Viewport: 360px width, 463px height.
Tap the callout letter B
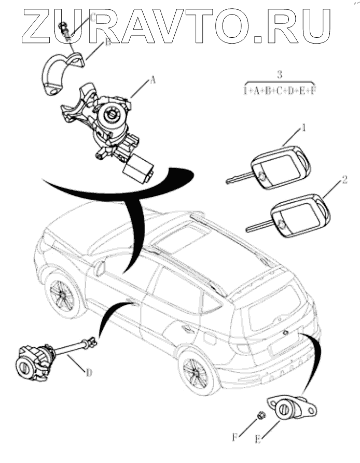point(108,43)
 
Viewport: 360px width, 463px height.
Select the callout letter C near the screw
point(93,18)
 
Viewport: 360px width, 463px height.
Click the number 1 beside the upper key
point(303,128)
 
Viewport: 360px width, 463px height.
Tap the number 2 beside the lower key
point(345,181)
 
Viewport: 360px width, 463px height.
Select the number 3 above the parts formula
point(280,74)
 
